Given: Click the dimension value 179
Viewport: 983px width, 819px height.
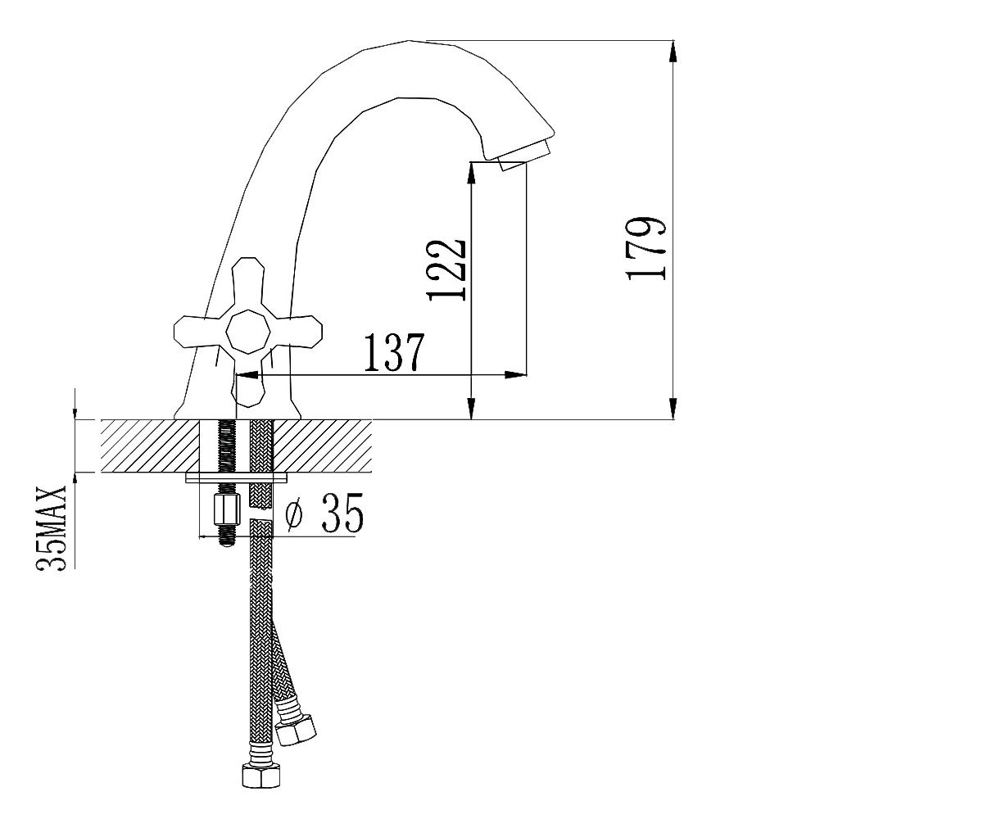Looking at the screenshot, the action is click(x=646, y=248).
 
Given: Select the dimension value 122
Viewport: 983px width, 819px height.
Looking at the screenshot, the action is click(x=446, y=270).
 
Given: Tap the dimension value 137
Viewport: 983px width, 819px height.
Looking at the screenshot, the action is click(x=395, y=352).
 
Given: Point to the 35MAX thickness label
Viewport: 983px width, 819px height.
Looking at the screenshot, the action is click(x=52, y=528).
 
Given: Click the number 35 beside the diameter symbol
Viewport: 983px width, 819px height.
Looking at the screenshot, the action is click(x=342, y=513).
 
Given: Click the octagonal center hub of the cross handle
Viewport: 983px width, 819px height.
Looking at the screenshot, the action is click(x=248, y=332).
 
